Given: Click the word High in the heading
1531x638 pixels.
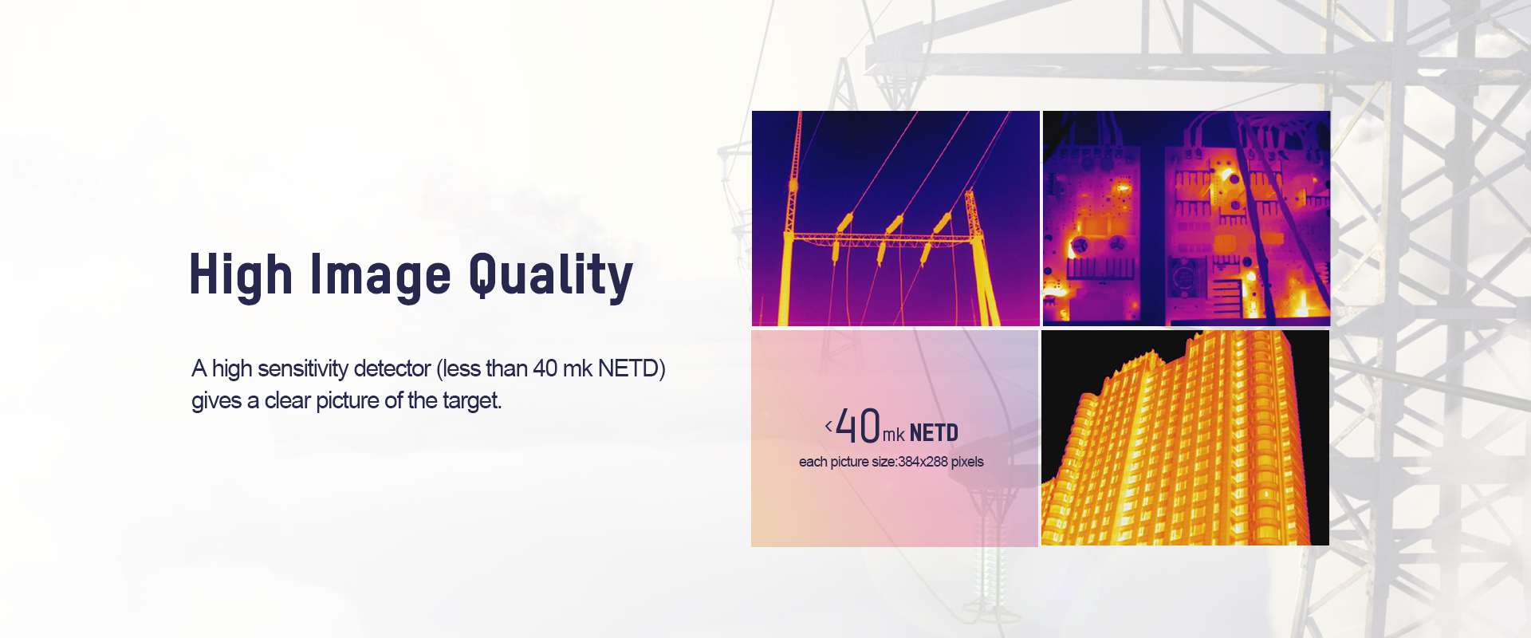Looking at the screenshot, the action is (x=241, y=275).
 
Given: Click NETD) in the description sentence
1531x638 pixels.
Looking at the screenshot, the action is (x=632, y=368).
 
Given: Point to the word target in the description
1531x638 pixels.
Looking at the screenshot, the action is (x=472, y=400).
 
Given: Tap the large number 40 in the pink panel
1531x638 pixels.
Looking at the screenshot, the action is (x=858, y=426).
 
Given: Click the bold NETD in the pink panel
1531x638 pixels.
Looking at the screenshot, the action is (x=934, y=433).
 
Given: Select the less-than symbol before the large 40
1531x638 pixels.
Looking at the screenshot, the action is (x=828, y=426).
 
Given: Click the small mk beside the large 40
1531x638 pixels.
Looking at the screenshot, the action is (x=894, y=435).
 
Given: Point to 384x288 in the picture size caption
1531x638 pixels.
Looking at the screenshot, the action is (x=923, y=462).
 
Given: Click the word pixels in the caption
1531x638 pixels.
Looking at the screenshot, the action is (x=967, y=463).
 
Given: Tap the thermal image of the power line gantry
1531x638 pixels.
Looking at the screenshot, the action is (x=895, y=219).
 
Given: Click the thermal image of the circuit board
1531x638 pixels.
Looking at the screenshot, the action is (x=1187, y=219).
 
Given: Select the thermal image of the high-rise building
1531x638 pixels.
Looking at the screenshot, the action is (x=1185, y=438).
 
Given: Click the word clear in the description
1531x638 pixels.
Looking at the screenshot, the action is (x=288, y=400).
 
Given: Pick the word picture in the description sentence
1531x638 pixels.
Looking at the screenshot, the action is (x=348, y=401).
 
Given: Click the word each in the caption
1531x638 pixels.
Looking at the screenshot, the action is (x=813, y=462).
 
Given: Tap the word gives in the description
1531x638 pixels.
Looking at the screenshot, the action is (x=216, y=401).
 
